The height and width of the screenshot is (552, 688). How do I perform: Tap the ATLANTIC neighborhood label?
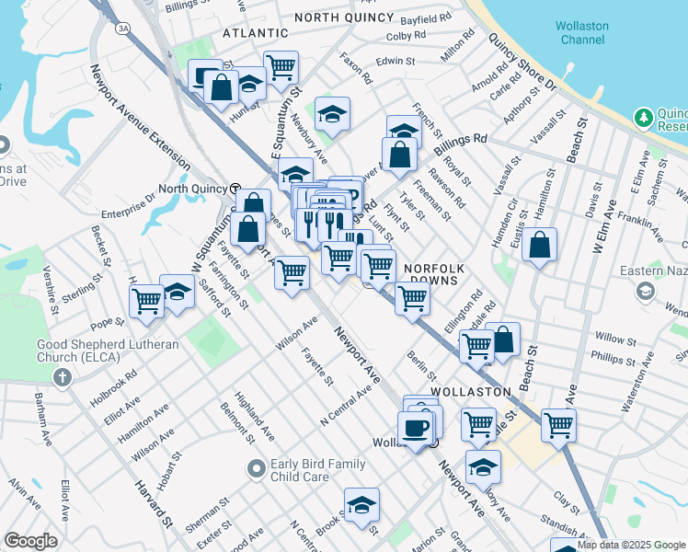click(x=255, y=32)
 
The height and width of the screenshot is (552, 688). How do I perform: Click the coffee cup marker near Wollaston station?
click(x=416, y=427)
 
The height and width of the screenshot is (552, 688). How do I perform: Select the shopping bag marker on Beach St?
click(x=542, y=246)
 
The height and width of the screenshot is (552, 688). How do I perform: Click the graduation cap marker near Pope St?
click(x=178, y=292)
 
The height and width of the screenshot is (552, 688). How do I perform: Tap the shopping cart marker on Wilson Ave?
click(x=292, y=271)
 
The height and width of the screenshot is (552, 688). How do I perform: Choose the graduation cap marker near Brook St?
click(x=361, y=504)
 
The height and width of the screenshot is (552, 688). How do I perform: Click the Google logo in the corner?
click(x=30, y=541)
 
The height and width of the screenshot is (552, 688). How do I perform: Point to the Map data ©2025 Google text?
click(x=631, y=545)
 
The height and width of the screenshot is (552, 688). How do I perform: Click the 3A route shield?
click(x=122, y=29)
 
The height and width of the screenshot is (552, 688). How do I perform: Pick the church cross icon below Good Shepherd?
click(x=62, y=377)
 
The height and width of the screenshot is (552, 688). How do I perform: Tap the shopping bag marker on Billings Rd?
click(x=400, y=155)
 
